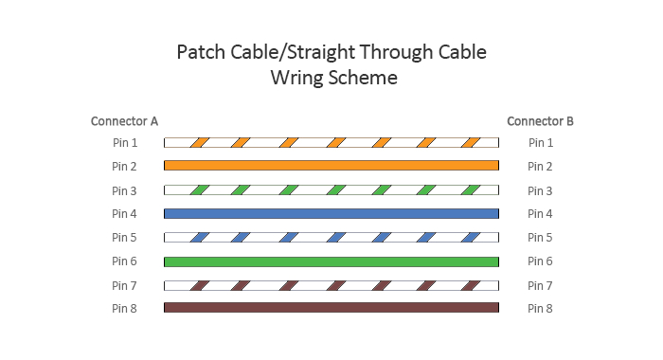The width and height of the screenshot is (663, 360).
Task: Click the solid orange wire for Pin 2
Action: point(331,166)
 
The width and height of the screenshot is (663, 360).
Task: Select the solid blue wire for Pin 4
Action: point(331,213)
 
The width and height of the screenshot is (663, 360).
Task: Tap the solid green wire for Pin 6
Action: point(331,261)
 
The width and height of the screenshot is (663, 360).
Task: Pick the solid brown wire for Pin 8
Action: point(331,308)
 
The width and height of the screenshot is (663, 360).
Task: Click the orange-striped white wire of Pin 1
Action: point(331,143)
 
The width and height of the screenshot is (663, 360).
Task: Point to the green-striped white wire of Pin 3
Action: point(331,189)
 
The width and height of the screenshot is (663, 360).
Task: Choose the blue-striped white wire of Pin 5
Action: point(331,237)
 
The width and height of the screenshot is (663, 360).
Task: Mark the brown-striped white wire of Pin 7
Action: point(331,285)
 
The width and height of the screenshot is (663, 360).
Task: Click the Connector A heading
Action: point(124,121)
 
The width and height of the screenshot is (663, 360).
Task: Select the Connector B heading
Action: point(540,121)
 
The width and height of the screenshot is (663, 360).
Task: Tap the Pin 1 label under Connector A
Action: point(124,143)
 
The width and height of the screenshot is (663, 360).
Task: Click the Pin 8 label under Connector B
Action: point(540,308)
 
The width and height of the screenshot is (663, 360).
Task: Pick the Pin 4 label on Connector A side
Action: point(124,214)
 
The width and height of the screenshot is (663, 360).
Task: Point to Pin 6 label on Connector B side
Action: point(540,261)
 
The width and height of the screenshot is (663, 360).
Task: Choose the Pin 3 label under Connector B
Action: point(540,190)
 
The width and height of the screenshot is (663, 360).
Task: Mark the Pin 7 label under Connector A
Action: point(124,285)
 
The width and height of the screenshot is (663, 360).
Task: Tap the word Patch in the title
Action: point(203,52)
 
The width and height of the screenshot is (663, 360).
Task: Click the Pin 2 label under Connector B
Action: point(540,167)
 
